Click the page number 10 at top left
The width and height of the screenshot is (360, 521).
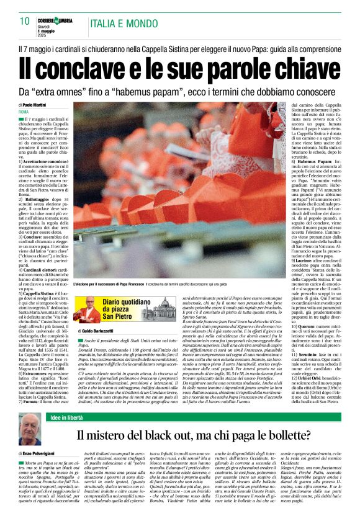pyautogui.click(x=25, y=21)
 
